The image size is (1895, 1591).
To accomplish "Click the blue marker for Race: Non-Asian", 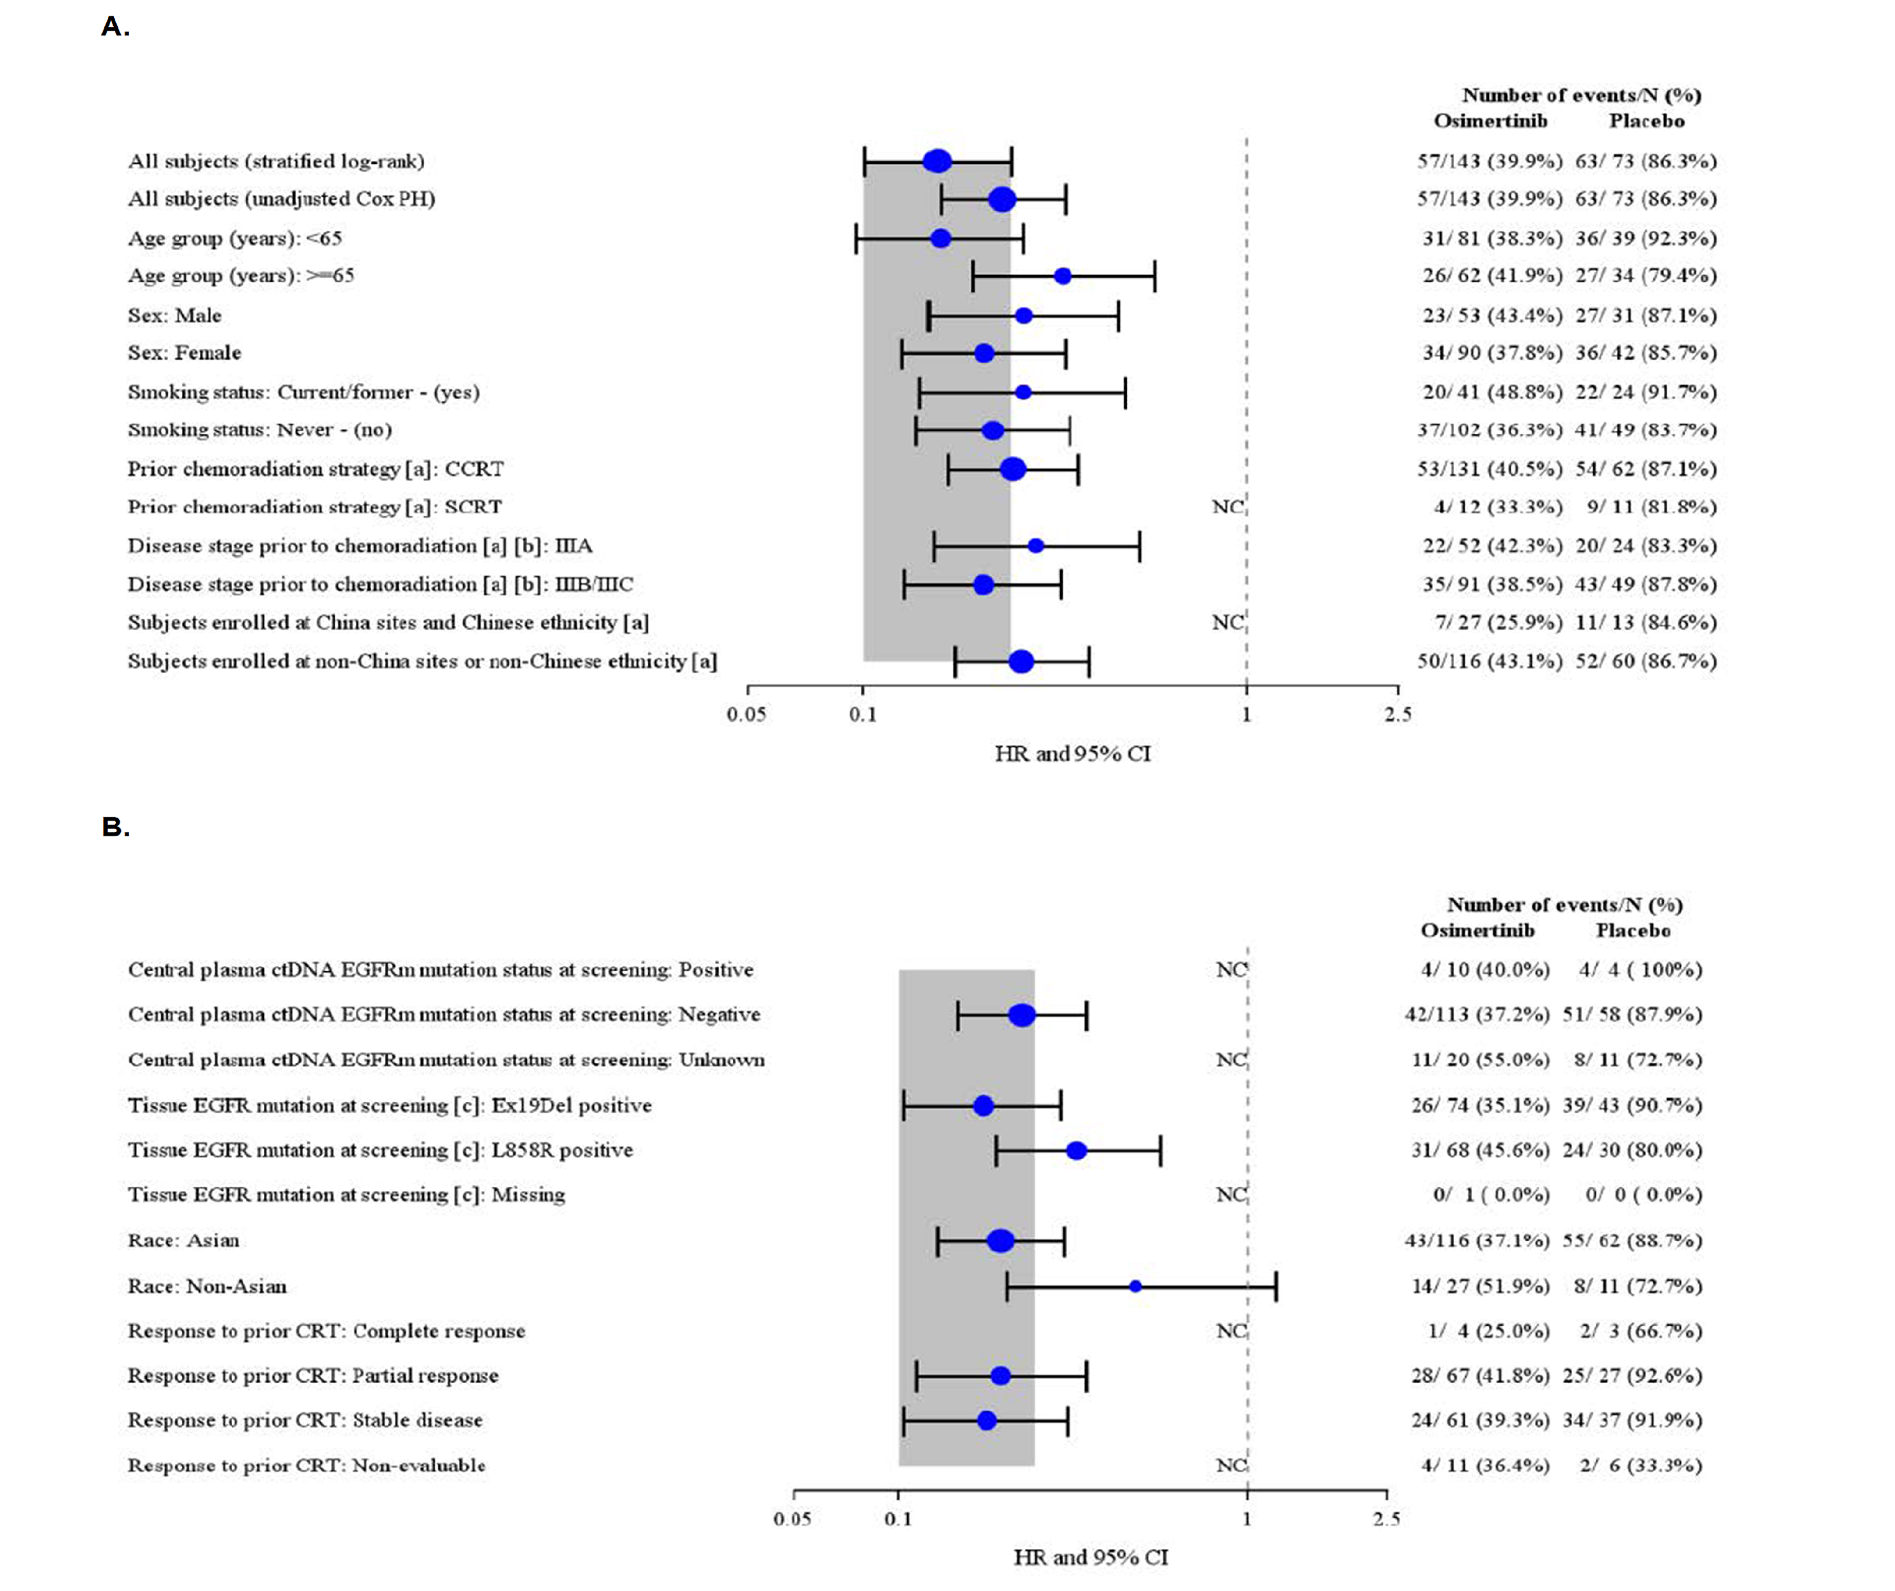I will pos(1135,1286).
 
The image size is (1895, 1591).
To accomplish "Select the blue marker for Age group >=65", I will pos(1063,276).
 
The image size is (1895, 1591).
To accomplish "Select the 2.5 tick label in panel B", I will pos(1386,1519).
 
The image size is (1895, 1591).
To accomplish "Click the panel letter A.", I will pos(115,27).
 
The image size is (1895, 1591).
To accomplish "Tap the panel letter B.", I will pos(115,827).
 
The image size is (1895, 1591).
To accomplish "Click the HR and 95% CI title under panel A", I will pos(1072,753).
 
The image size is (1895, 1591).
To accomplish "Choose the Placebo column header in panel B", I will pos(1633,930).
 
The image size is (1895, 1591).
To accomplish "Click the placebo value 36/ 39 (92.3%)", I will pos(1645,238).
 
